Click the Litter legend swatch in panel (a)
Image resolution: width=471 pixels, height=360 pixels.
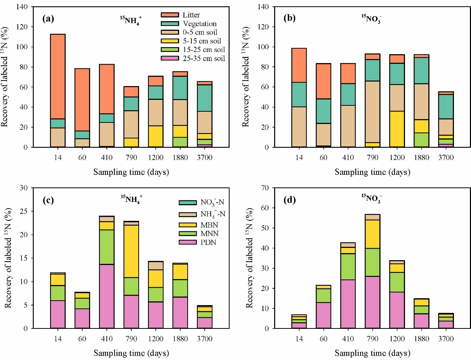[169, 15]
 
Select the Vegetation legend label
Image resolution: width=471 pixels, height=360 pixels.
[200, 24]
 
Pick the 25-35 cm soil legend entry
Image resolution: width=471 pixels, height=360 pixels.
[204, 58]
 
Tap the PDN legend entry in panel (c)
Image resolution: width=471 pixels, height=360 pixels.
[208, 242]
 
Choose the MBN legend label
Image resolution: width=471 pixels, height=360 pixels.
[209, 225]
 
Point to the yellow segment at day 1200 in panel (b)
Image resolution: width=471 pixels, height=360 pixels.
[397, 129]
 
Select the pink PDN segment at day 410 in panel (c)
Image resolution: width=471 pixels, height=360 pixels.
[107, 296]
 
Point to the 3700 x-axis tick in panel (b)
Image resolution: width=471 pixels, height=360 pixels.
[446, 157]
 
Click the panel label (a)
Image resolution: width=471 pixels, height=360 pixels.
[48, 19]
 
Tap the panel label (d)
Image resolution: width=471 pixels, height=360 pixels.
[290, 200]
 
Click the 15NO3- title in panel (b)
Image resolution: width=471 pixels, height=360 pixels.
[371, 19]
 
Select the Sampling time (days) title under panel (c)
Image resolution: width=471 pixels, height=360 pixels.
[131, 353]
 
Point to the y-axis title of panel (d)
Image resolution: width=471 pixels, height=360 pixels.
[249, 258]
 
